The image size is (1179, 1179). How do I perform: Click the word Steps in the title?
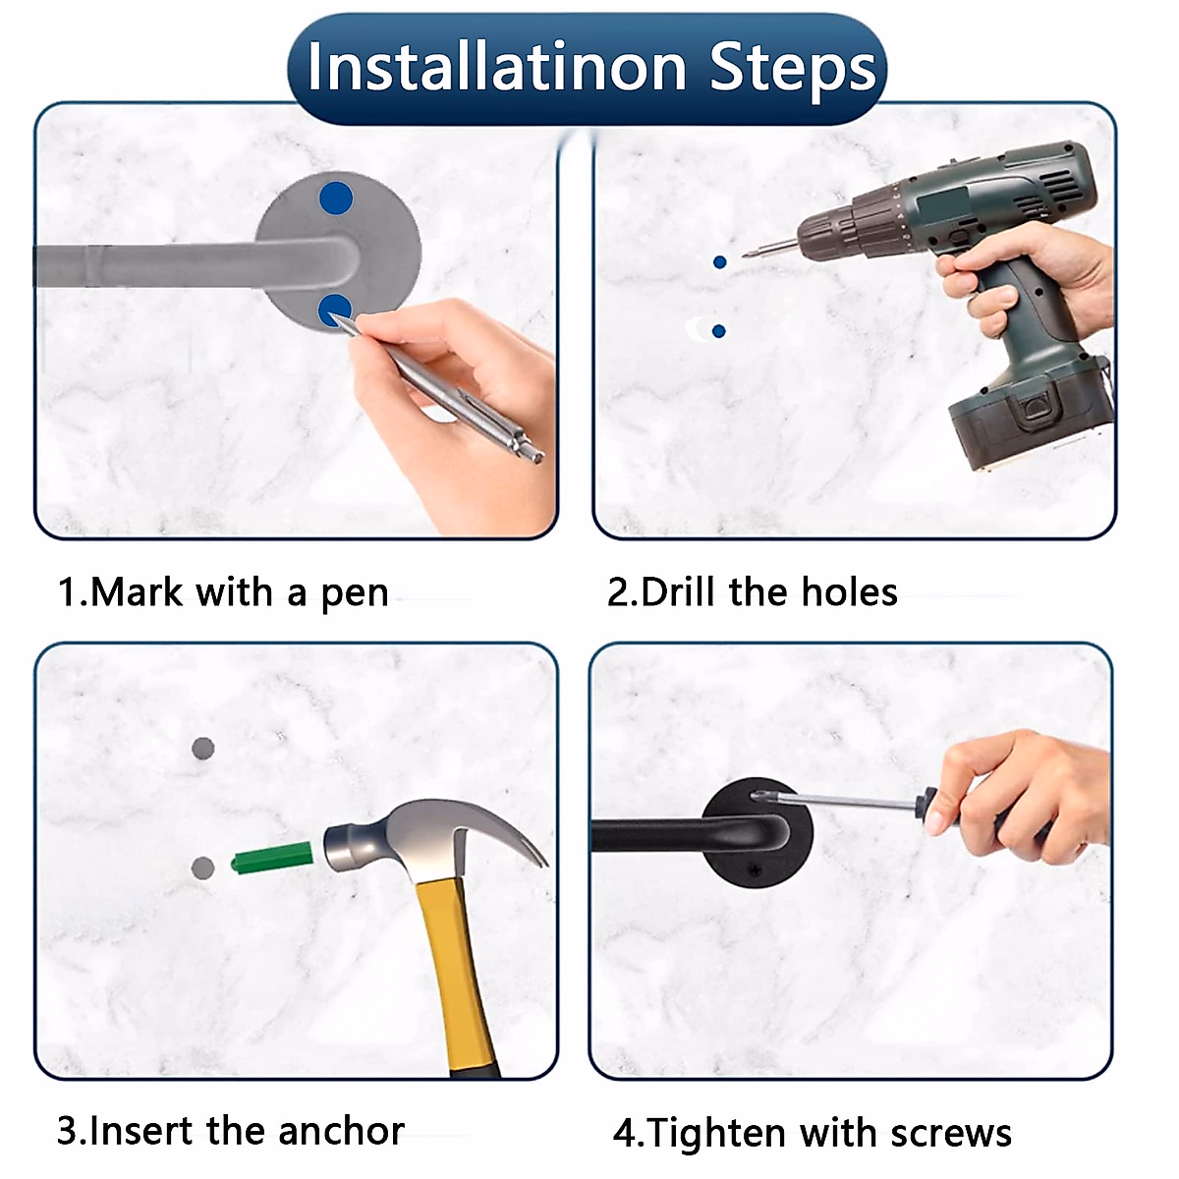(x=793, y=72)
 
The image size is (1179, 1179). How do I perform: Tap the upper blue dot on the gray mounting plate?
(x=336, y=197)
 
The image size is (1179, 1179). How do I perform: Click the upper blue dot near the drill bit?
(x=719, y=262)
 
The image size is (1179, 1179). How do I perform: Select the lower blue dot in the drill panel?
(x=719, y=332)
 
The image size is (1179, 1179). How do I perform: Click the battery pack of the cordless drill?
(x=1028, y=416)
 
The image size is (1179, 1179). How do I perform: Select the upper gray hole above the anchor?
(x=203, y=748)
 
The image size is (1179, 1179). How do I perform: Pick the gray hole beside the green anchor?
(x=203, y=868)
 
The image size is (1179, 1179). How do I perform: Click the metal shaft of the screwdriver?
(x=852, y=802)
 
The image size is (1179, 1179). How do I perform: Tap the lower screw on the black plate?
(x=757, y=870)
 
